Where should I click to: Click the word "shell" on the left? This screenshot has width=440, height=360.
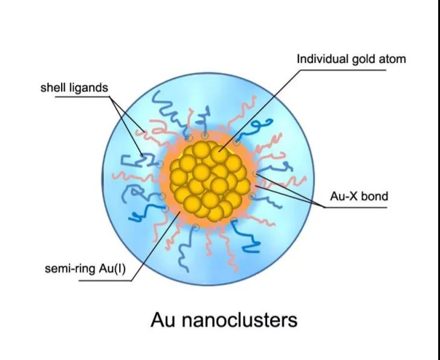(53, 88)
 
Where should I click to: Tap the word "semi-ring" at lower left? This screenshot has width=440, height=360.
(69, 268)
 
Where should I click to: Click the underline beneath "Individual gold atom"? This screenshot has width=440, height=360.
(351, 70)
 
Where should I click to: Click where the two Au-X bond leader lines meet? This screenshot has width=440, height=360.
(325, 207)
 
